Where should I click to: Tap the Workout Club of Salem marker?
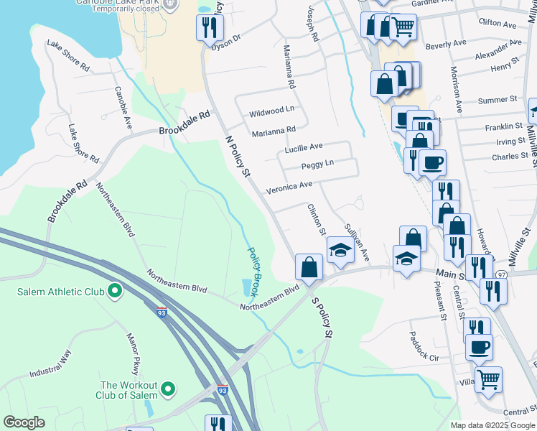168,389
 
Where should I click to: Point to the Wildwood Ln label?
271,112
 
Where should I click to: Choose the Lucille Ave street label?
303,148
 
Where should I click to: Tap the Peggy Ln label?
317,164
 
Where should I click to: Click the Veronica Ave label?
289,185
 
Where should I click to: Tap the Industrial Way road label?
51,363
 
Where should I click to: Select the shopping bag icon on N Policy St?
309,267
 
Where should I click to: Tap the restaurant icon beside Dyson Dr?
210,27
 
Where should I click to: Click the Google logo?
24,422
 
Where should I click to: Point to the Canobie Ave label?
123,108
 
